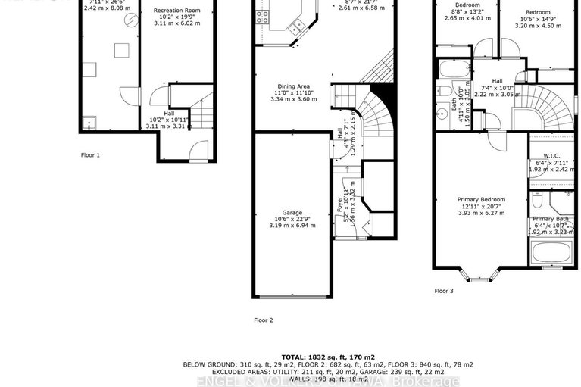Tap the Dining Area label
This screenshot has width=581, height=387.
pos(291,85)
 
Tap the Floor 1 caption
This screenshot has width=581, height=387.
pos(90,154)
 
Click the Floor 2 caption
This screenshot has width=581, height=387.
pos(263,320)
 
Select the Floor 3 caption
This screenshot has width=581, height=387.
pos(444,291)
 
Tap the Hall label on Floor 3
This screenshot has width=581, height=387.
pos(497,81)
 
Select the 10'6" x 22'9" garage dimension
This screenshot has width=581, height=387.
pos(291,220)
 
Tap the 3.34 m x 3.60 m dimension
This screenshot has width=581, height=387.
pos(291,98)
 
